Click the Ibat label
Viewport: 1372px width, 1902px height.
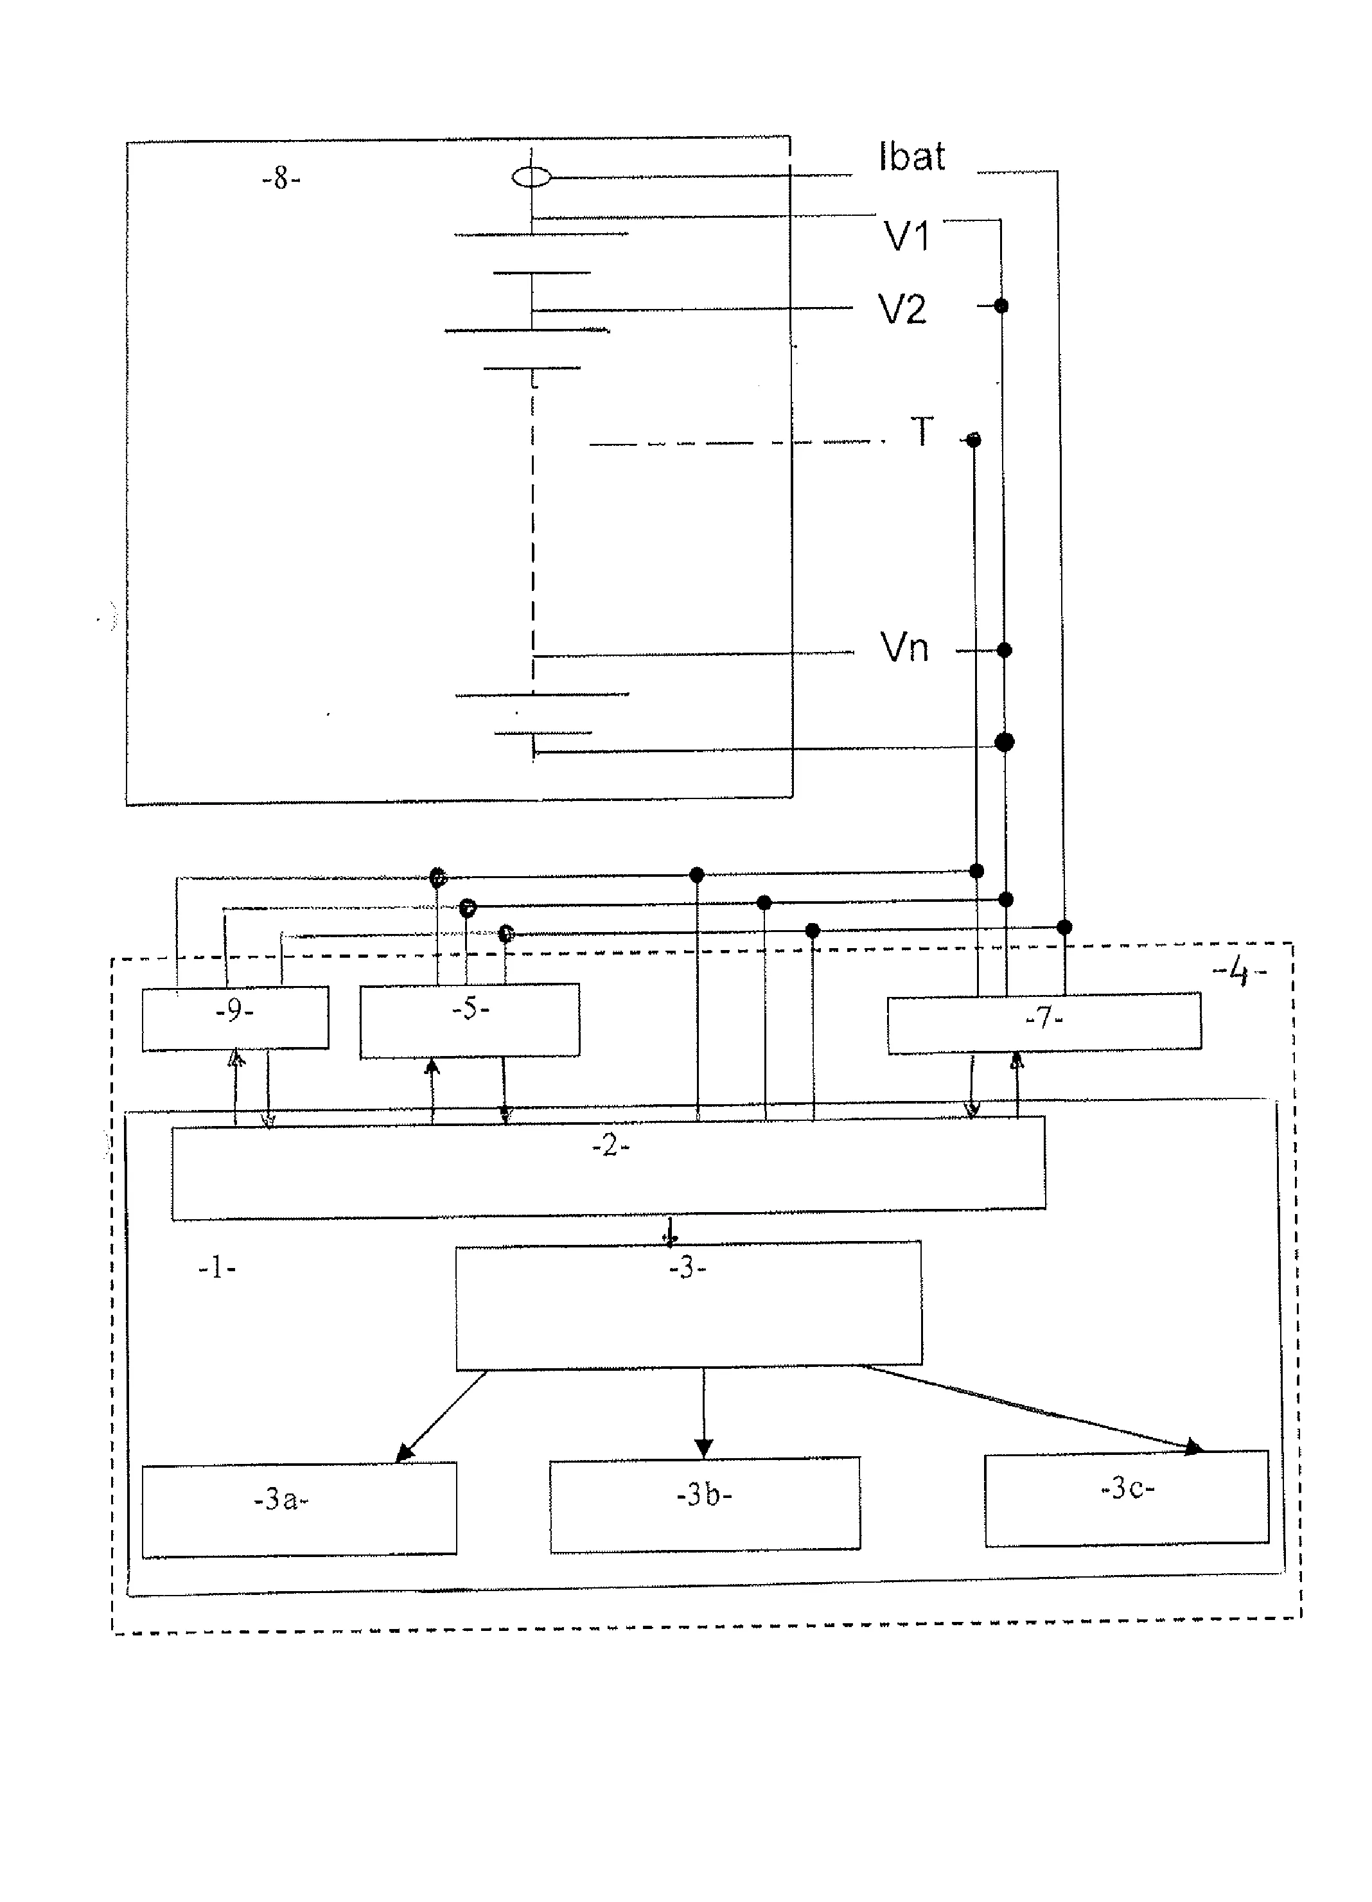coord(911,157)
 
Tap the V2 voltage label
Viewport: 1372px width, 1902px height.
coord(902,310)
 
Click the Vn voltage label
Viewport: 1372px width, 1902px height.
coord(904,648)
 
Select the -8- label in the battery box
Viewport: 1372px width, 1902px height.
coord(281,179)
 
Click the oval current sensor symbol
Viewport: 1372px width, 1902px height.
coord(532,177)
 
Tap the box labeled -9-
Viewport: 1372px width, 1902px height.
coord(235,1018)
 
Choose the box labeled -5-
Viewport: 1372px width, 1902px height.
coord(470,1020)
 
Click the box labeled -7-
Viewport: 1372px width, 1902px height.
coord(1044,1022)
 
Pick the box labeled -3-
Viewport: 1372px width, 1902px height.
coord(688,1305)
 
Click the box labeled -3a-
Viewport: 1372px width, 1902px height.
coord(299,1509)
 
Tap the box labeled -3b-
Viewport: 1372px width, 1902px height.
coord(705,1504)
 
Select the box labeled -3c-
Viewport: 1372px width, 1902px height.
coord(1126,1499)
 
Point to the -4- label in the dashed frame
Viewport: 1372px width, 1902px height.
coord(1240,973)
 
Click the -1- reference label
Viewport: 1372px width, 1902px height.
coord(216,1269)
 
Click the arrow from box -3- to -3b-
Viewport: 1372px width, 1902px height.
coord(703,1414)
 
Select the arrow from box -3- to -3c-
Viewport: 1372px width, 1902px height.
coord(1032,1409)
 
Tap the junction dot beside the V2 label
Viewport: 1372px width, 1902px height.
coord(1001,306)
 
